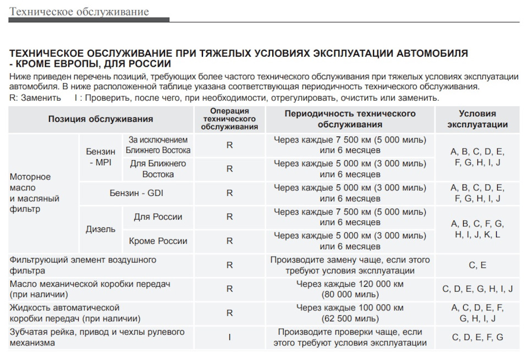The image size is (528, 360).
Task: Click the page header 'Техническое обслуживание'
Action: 79,12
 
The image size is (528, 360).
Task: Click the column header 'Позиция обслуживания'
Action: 101,119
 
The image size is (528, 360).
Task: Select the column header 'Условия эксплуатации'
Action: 477,119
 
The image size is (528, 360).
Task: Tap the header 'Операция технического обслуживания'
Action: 229,119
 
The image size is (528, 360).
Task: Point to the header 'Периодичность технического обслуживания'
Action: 350,119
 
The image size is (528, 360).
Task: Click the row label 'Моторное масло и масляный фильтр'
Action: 35,193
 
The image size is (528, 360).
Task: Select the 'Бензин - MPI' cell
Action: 101,157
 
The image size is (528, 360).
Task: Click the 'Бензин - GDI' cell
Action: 136,193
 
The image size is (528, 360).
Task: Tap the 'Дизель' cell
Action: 101,229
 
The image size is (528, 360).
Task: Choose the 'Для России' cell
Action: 158,217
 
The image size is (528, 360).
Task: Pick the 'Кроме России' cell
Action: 158,241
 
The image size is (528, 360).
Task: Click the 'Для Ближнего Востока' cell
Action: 158,169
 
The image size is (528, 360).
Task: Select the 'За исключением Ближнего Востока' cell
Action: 158,145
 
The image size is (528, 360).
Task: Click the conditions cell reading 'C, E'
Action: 477,265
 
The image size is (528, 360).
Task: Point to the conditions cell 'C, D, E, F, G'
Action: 477,337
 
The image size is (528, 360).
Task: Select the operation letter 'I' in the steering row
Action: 229,337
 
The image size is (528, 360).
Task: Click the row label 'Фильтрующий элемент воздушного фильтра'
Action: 82,265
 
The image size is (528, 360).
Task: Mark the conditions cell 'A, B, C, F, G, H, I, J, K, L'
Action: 477,229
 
